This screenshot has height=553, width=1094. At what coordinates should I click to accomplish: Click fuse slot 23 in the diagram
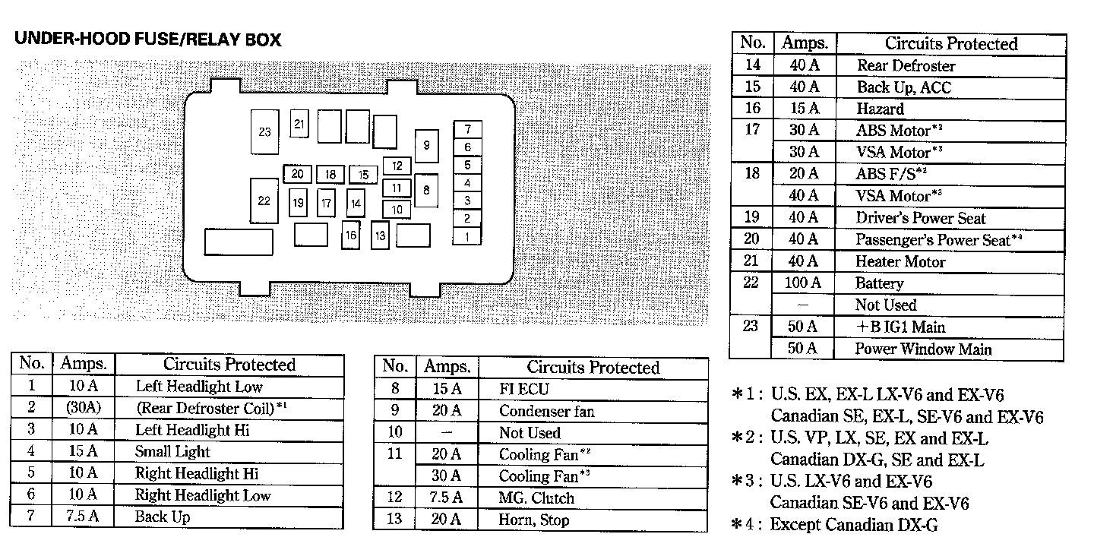click(264, 132)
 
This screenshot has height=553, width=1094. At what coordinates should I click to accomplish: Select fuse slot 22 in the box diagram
click(264, 201)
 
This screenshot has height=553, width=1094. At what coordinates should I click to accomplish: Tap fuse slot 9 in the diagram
click(426, 146)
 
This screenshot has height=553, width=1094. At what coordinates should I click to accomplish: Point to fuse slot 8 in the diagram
click(426, 191)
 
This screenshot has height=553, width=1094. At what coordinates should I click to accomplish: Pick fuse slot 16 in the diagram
click(350, 235)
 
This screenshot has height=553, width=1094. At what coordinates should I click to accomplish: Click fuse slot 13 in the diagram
click(380, 235)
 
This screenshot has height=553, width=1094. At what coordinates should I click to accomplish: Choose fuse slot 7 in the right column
click(468, 129)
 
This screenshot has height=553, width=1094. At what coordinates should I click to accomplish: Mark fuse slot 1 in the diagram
click(468, 236)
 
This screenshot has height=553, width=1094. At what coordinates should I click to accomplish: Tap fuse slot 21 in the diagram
click(299, 124)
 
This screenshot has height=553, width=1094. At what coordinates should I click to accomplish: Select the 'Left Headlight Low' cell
click(199, 387)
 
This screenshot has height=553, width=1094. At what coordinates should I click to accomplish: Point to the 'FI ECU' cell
click(523, 390)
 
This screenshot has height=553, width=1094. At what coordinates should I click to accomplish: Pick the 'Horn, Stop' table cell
click(534, 520)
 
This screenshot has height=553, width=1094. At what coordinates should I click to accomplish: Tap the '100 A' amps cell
click(803, 283)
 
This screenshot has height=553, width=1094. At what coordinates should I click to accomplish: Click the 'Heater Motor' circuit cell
click(901, 262)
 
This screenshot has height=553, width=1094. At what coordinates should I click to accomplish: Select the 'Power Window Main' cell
click(923, 349)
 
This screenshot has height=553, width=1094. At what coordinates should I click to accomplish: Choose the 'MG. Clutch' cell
click(536, 498)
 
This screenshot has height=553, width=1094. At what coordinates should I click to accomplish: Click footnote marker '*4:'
click(747, 524)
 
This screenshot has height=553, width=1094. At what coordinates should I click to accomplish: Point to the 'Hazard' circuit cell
click(881, 109)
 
